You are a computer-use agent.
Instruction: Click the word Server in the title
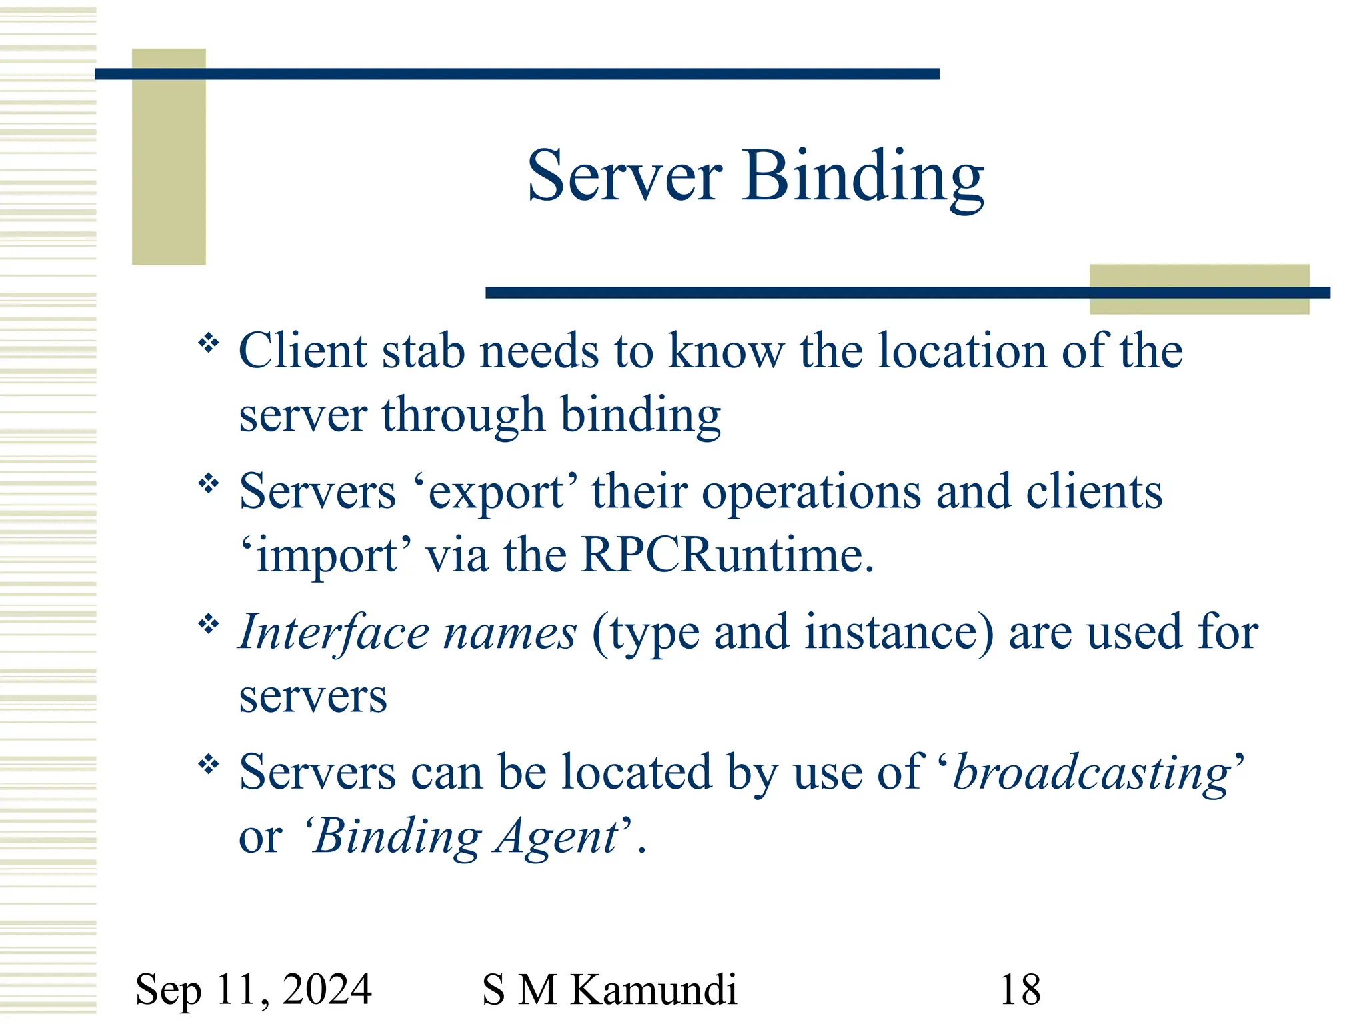624,176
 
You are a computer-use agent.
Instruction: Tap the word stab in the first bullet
423,351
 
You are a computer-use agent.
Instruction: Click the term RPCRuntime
726,555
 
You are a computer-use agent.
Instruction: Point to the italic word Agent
557,837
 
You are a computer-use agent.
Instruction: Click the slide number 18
1020,989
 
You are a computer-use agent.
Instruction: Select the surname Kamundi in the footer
654,989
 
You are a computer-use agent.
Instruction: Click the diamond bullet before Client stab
209,344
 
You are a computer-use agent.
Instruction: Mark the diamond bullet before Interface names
209,625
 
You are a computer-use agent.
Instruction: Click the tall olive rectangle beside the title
169,157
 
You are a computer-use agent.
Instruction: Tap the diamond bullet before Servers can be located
209,765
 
